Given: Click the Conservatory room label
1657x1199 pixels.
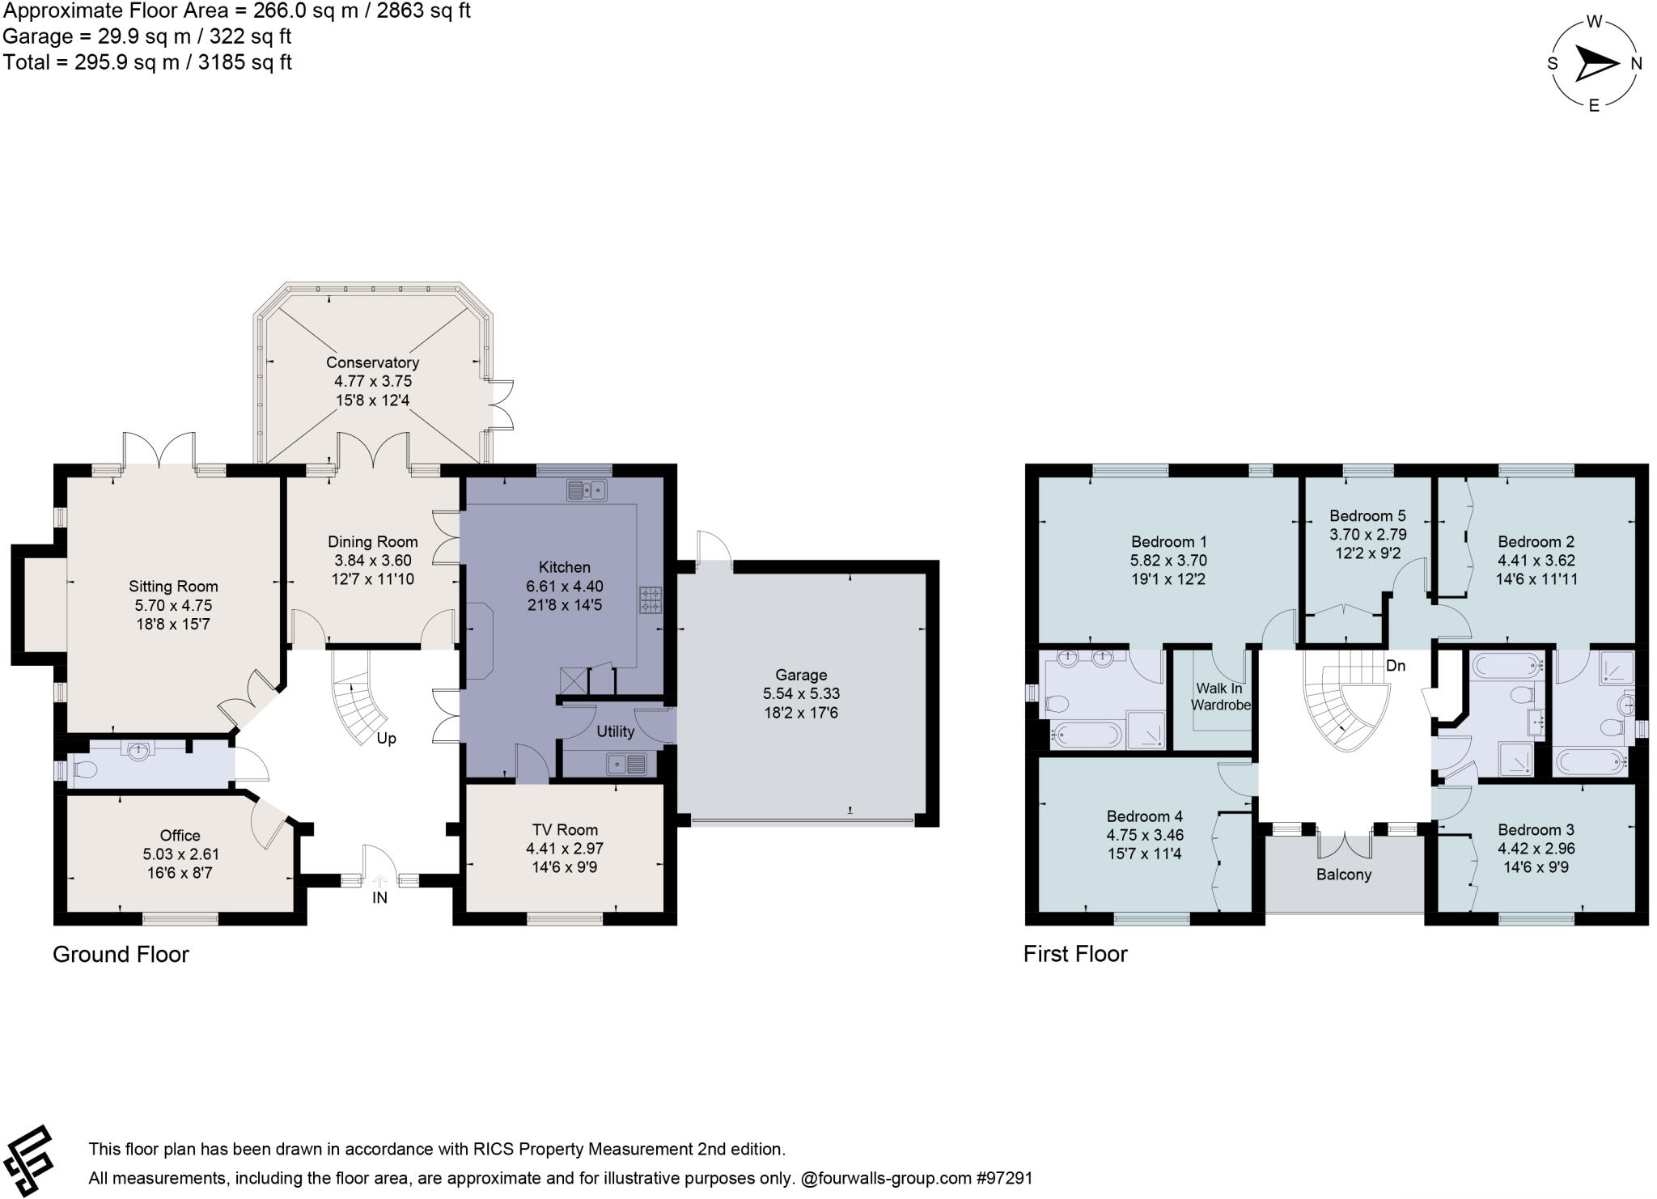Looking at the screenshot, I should [x=372, y=362].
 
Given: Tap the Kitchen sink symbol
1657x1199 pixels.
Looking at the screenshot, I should [x=587, y=490].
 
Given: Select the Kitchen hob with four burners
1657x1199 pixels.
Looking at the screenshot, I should [x=651, y=599].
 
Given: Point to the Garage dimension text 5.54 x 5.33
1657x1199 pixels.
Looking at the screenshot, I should [x=801, y=693].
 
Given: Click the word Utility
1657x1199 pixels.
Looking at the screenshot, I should [x=615, y=731].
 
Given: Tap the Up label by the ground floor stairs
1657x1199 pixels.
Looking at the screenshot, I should [x=386, y=739].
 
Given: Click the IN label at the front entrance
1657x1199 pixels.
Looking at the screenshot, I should [x=379, y=897].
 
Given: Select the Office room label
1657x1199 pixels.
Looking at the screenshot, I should [x=180, y=835].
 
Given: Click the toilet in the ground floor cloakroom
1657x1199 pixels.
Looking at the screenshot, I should [x=83, y=770].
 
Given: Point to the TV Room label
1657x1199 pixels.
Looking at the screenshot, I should [x=565, y=829].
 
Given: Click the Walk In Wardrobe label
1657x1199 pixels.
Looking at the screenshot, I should [x=1220, y=697].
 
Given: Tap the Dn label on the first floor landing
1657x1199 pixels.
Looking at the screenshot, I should [x=1396, y=666].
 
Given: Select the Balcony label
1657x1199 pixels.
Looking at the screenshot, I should [x=1343, y=875].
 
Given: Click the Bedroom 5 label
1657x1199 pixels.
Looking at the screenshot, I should [x=1367, y=515].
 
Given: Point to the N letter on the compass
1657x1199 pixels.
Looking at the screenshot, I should [x=1636, y=64].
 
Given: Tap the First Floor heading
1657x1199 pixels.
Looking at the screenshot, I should [x=1074, y=954].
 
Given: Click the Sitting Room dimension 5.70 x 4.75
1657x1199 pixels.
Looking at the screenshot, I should [x=173, y=605].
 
